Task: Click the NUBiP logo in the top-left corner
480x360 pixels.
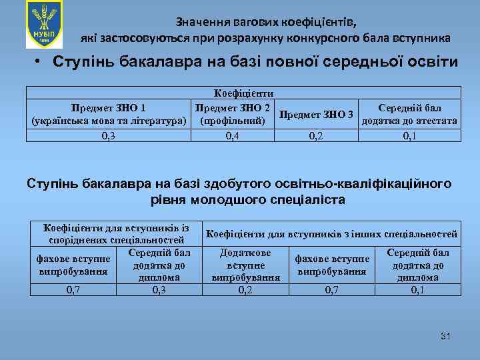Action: click(x=44, y=24)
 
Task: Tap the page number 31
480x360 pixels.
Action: click(x=445, y=335)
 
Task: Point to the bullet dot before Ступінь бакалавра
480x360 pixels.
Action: click(x=39, y=63)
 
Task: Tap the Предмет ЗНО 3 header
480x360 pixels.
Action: click(x=317, y=115)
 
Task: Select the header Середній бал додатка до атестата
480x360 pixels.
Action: click(x=409, y=114)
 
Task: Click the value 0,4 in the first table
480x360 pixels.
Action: click(x=233, y=136)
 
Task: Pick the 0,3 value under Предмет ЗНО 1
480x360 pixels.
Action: click(x=109, y=136)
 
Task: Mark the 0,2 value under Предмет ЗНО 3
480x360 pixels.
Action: click(x=317, y=136)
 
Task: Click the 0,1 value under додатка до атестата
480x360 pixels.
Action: click(x=409, y=136)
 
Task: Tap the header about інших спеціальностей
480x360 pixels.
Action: click(x=332, y=234)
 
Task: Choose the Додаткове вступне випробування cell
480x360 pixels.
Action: click(x=245, y=265)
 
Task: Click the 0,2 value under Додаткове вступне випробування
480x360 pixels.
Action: click(x=245, y=290)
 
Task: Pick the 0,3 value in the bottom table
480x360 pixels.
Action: click(x=159, y=290)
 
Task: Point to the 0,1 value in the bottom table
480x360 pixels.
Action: click(x=417, y=290)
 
